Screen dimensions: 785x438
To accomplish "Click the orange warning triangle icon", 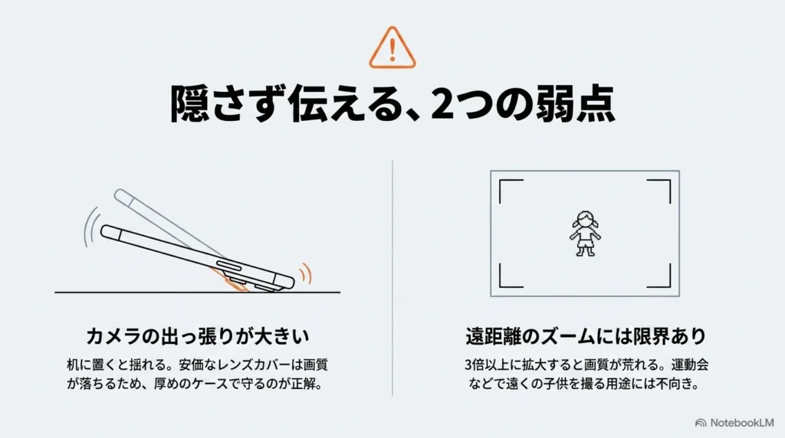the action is (392, 48).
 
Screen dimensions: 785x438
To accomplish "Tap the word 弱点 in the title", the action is (576, 104).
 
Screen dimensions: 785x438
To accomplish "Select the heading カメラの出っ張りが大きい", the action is (197, 336).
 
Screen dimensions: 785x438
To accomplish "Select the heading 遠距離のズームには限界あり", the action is (585, 336).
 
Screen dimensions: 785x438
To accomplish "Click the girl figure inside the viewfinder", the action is (585, 234).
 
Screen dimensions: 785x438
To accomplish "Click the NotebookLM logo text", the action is (741, 423).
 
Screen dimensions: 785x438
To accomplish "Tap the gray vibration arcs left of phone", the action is (90, 227).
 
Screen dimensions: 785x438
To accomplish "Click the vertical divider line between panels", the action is (392, 278).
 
